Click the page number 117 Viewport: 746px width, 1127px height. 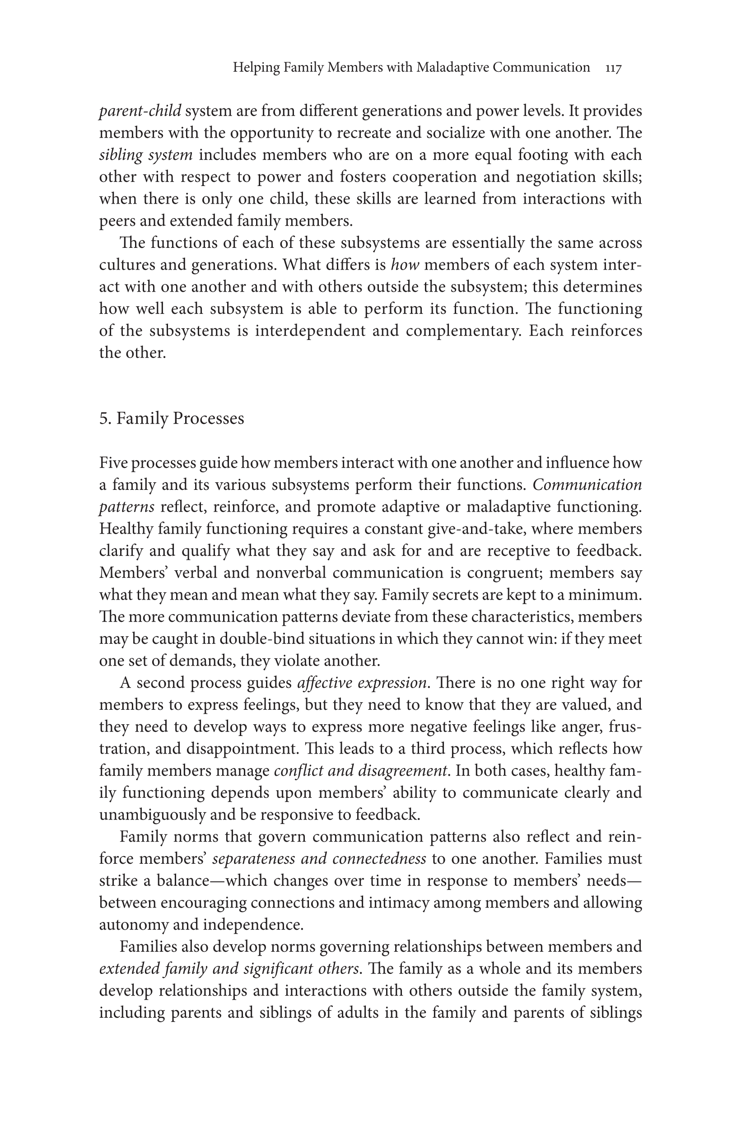(613, 69)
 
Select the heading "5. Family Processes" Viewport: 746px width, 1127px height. (171, 419)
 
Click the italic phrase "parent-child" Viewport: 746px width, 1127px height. (140, 112)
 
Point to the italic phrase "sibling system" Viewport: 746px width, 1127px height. (145, 155)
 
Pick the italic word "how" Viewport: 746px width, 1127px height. (405, 265)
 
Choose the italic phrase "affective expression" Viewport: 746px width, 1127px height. (362, 683)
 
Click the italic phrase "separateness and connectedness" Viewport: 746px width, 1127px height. (319, 859)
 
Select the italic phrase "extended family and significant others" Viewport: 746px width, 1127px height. (228, 969)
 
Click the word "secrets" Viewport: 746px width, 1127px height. (456, 595)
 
